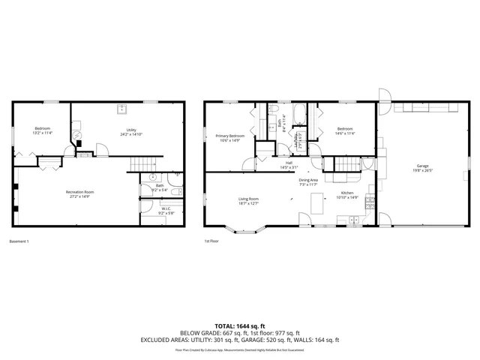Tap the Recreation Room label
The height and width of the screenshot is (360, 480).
pos(84,193)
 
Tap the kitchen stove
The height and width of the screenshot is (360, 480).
pos(349,218)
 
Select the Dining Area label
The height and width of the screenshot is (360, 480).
pos(308,180)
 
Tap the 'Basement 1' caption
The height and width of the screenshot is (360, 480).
pos(19,241)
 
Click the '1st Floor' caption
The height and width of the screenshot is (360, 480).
pos(211,241)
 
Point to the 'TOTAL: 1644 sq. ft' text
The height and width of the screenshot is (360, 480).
pos(240,325)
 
